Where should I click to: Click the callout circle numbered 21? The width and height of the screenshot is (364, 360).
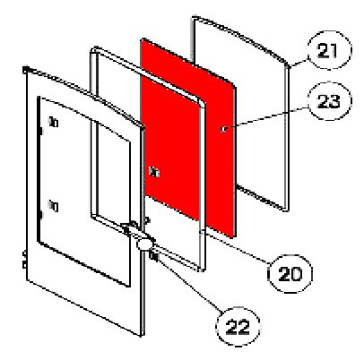(330, 50)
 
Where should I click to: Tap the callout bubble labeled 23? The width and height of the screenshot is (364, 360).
(330, 101)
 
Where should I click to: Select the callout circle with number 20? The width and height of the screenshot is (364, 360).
(290, 274)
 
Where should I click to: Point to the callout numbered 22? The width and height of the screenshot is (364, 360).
(238, 326)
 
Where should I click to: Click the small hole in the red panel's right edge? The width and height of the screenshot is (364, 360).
(223, 129)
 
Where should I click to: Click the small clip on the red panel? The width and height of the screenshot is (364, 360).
(154, 172)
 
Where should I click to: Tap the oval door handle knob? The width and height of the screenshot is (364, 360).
(144, 244)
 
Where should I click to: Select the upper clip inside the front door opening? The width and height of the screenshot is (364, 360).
(54, 122)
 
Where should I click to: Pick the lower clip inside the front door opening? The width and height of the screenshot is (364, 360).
(54, 206)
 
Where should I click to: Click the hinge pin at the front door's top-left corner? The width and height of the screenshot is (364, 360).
(26, 70)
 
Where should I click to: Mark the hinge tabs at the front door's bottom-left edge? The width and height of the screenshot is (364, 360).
(24, 260)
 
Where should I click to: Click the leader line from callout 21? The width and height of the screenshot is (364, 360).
(299, 63)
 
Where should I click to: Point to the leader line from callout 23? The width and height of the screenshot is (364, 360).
(267, 118)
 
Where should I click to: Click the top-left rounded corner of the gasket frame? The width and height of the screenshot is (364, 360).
(94, 50)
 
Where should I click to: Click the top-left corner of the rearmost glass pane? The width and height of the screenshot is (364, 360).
(194, 19)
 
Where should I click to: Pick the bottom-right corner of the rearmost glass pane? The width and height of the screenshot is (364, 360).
(286, 209)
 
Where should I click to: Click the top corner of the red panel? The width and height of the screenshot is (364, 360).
(143, 39)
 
